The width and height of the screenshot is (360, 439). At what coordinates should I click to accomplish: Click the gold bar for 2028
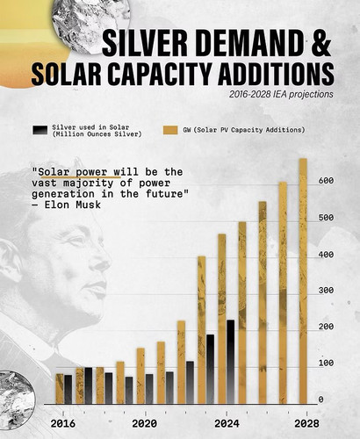tap(303, 281)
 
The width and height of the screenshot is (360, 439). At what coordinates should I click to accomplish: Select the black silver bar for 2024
tap(231, 362)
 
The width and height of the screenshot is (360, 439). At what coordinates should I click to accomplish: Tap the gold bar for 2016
tap(60, 389)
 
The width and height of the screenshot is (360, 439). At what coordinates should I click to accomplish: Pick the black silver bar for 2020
tap(149, 389)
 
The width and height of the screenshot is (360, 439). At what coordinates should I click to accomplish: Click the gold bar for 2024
tap(222, 319)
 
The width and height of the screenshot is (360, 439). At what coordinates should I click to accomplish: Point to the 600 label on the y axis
tap(326, 181)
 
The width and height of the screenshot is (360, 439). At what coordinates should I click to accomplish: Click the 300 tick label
tap(326, 291)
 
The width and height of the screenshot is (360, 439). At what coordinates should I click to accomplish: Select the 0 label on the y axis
tap(321, 399)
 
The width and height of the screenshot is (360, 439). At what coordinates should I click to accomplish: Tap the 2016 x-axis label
tap(62, 423)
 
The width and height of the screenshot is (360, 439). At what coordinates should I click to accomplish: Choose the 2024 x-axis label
tap(227, 423)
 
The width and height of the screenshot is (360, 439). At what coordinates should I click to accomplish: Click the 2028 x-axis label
tap(306, 423)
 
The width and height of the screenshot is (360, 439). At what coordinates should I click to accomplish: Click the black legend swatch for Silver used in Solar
tap(40, 130)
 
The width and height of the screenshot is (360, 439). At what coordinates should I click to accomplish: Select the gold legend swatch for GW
tap(170, 130)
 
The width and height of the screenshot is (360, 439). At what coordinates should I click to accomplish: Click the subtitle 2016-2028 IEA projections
tap(281, 95)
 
